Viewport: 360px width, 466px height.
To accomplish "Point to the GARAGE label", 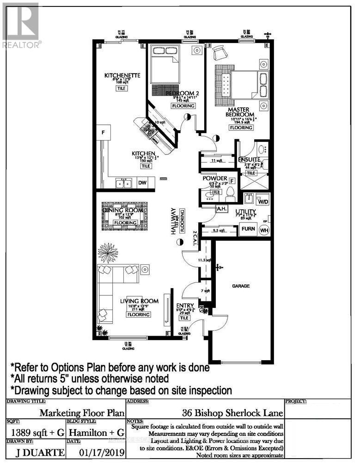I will pos(241,286).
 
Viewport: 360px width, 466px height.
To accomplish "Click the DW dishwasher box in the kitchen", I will pos(143,183).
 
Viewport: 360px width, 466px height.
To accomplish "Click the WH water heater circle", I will pos(264,230).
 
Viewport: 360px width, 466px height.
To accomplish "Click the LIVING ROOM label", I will pos(139,301).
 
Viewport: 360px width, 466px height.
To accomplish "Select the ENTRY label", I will pos(184,305).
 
